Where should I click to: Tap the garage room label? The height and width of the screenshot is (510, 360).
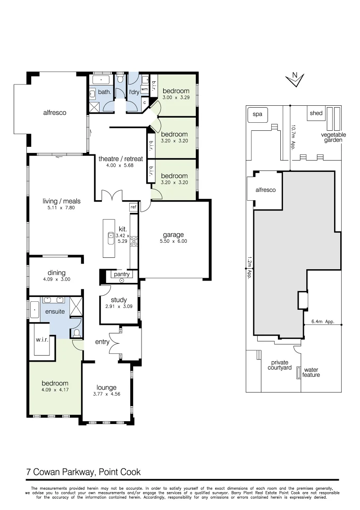pyautogui.click(x=173, y=235)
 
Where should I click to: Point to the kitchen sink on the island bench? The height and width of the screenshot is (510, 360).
pyautogui.click(x=110, y=238)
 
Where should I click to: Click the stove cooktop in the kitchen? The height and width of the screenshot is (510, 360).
pyautogui.click(x=134, y=241)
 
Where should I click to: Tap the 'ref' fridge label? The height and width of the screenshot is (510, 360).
pyautogui.click(x=133, y=207)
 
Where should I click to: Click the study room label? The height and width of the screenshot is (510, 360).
pyautogui.click(x=119, y=299)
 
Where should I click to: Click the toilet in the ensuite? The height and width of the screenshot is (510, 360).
pyautogui.click(x=77, y=334)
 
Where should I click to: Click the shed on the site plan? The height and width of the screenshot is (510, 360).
pyautogui.click(x=316, y=113)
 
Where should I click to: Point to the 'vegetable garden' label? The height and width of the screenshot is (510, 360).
pyautogui.click(x=334, y=137)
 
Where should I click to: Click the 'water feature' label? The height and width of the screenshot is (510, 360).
pyautogui.click(x=311, y=372)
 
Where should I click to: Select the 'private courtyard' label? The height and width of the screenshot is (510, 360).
pyautogui.click(x=279, y=365)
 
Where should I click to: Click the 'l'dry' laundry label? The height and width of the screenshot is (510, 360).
pyautogui.click(x=134, y=92)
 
